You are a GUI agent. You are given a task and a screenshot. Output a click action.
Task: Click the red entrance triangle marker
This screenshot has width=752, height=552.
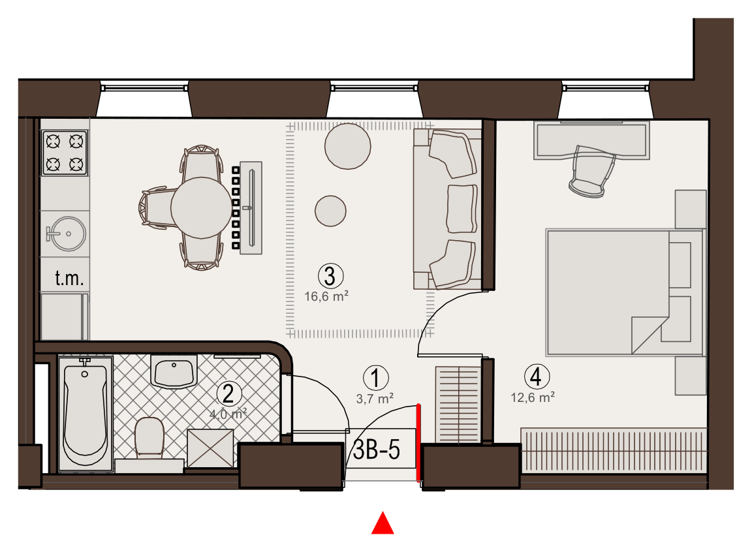click(383, 523)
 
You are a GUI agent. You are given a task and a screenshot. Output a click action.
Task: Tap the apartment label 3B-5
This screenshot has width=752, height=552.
click(377, 450)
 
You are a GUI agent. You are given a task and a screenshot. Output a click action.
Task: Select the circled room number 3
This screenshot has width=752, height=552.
click(330, 277)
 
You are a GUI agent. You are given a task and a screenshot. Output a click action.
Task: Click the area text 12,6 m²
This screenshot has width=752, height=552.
click(533, 398)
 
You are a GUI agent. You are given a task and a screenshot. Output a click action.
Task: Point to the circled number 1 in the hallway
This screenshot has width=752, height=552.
click(375, 378)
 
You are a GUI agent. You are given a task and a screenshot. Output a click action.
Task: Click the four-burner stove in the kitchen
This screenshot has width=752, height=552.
click(65, 153)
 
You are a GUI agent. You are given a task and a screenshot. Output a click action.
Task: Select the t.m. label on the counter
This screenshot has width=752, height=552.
click(70, 278)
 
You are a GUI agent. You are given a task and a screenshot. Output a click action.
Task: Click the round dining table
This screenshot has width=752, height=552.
click(201, 207)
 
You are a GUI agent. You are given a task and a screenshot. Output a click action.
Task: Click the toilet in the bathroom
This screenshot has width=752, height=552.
click(149, 437)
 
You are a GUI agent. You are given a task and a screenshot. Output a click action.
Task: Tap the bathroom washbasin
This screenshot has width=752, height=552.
click(174, 371)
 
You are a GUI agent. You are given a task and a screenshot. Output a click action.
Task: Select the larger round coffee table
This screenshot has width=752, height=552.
click(348, 146)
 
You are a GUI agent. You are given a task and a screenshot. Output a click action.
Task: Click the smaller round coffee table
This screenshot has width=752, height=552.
click(330, 211)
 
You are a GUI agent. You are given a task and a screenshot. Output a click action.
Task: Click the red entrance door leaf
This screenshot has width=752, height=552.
click(418, 442)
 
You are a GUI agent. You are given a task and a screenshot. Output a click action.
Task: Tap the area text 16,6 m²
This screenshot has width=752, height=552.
click(326, 297)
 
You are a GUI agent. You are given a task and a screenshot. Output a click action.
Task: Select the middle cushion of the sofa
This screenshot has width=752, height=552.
click(462, 209)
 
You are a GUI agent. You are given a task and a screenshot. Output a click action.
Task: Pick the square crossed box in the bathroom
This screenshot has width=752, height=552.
click(210, 448)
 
